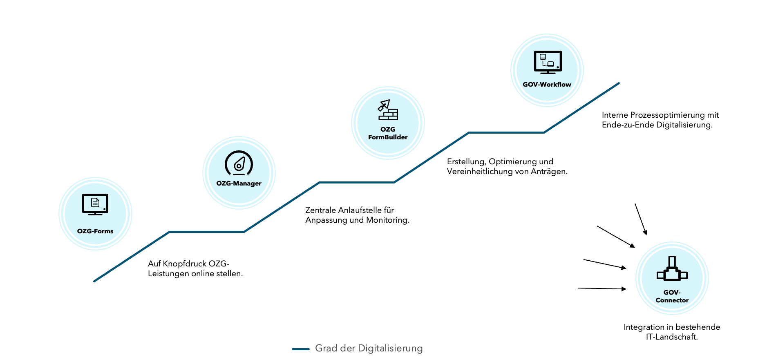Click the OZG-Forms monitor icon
(x=95, y=204)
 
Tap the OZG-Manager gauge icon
(x=239, y=163)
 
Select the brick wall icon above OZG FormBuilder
(x=388, y=110)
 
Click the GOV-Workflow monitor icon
(x=548, y=62)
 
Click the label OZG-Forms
(x=95, y=231)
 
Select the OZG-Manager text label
(x=239, y=183)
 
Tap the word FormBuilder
(x=388, y=137)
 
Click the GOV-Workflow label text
(x=547, y=85)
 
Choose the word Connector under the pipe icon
(x=672, y=300)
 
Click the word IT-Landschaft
(x=672, y=337)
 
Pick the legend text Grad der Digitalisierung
(x=369, y=349)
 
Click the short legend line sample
(x=301, y=349)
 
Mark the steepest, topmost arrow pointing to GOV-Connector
(x=641, y=219)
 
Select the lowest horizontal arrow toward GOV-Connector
(x=602, y=288)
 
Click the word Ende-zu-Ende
(x=628, y=125)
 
